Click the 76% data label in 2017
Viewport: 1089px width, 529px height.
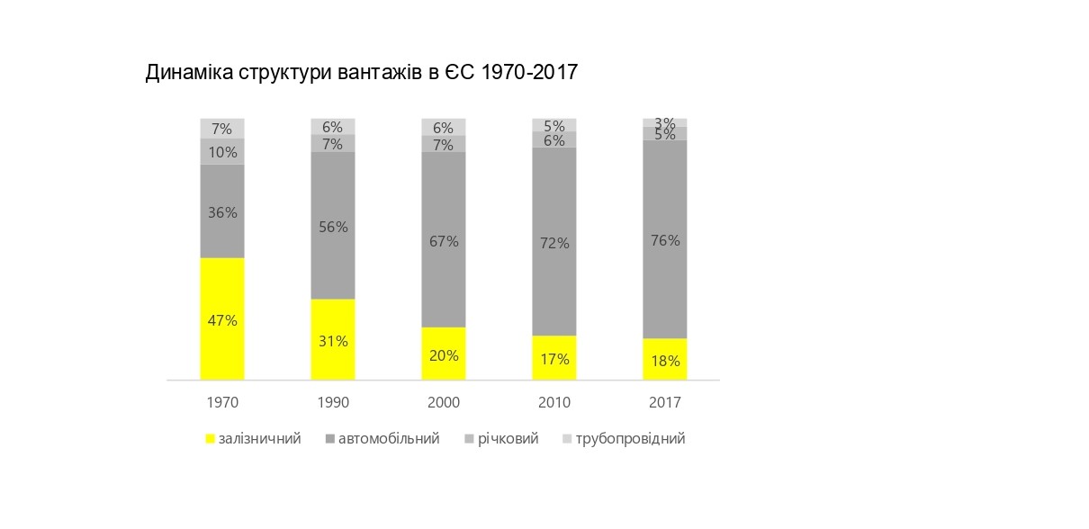click(x=665, y=240)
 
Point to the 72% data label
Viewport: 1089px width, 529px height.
click(x=554, y=243)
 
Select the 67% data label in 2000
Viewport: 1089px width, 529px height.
click(x=444, y=241)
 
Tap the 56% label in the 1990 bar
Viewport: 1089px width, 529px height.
click(x=333, y=227)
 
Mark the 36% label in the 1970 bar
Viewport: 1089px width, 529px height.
click(x=222, y=213)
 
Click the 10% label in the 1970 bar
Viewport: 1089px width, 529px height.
click(x=222, y=152)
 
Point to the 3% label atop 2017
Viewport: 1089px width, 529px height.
click(x=665, y=123)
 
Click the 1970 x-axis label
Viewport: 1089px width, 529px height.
click(x=222, y=402)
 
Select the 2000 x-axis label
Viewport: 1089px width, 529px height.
click(x=444, y=402)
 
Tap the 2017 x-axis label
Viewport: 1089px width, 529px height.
click(x=665, y=402)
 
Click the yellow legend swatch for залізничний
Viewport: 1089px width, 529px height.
click(x=211, y=440)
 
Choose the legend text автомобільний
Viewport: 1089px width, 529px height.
click(x=389, y=439)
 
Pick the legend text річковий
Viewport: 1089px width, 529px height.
click(x=508, y=439)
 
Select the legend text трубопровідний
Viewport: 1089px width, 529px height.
click(x=630, y=439)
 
